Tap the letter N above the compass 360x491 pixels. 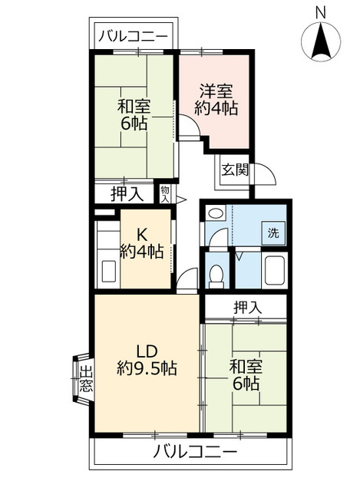(321, 12)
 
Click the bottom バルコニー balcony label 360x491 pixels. (193, 450)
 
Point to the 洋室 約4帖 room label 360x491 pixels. (215, 99)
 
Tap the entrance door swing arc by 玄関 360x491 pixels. (265, 174)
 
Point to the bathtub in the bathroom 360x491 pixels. (273, 271)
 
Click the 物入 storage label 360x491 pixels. (165, 193)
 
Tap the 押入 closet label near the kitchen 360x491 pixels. (126, 194)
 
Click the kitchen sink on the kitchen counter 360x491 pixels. (108, 271)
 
